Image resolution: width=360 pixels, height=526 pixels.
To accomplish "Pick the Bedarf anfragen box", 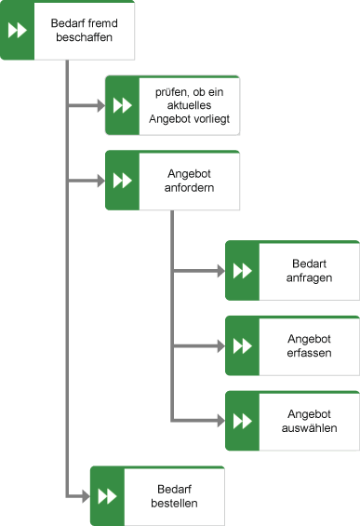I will coord(307,271).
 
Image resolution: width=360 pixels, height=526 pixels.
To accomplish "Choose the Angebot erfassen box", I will coord(307,345).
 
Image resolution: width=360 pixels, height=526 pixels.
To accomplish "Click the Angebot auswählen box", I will coord(307,421).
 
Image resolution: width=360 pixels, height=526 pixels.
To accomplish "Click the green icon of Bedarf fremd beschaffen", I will coord(17,31).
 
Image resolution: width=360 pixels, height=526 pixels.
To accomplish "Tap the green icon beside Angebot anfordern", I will coord(122,181).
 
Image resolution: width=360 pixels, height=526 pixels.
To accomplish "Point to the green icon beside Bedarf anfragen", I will coord(242,271).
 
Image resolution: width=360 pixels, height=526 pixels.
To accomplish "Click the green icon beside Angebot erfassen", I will coord(242,345).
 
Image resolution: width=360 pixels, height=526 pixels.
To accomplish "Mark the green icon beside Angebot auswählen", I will coord(242,421).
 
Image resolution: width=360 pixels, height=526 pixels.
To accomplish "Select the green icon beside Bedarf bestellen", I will coord(107,495).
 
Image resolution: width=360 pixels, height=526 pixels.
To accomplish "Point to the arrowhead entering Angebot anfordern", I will coord(100,181).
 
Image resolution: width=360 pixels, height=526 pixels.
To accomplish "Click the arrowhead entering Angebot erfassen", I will coord(220,345).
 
